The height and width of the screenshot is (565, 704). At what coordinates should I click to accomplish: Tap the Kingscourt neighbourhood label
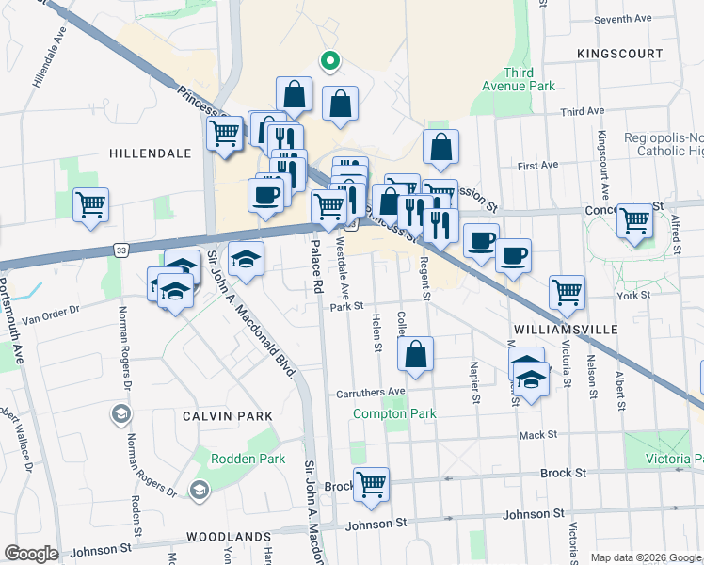[x=620, y=54]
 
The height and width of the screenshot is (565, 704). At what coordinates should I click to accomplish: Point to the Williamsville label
[x=566, y=330]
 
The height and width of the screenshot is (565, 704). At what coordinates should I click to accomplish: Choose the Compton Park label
[x=394, y=413]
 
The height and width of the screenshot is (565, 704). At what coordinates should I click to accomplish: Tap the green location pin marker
[x=329, y=62]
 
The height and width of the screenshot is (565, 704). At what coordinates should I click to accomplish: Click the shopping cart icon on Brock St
[x=372, y=484]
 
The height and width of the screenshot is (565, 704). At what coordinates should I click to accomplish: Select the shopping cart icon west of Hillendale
[x=90, y=203]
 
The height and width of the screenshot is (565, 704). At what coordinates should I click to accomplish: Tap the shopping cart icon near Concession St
[x=635, y=219]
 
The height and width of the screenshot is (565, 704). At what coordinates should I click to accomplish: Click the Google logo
[x=31, y=554]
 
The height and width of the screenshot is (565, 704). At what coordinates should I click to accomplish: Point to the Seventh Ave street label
[x=623, y=18]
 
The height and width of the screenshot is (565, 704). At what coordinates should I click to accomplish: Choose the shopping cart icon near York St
[x=567, y=291]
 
